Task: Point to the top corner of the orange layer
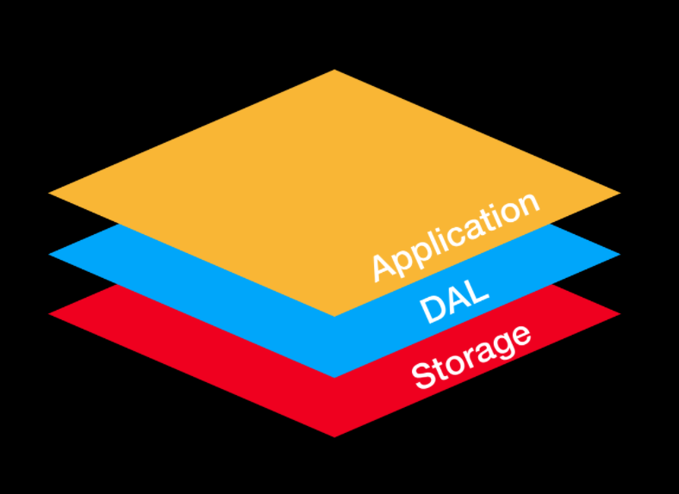point(334,71)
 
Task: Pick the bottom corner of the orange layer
point(334,315)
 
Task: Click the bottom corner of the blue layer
point(334,376)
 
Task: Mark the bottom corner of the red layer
point(334,436)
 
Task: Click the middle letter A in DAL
point(455,299)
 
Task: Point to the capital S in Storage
point(422,376)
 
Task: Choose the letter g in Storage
point(501,346)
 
